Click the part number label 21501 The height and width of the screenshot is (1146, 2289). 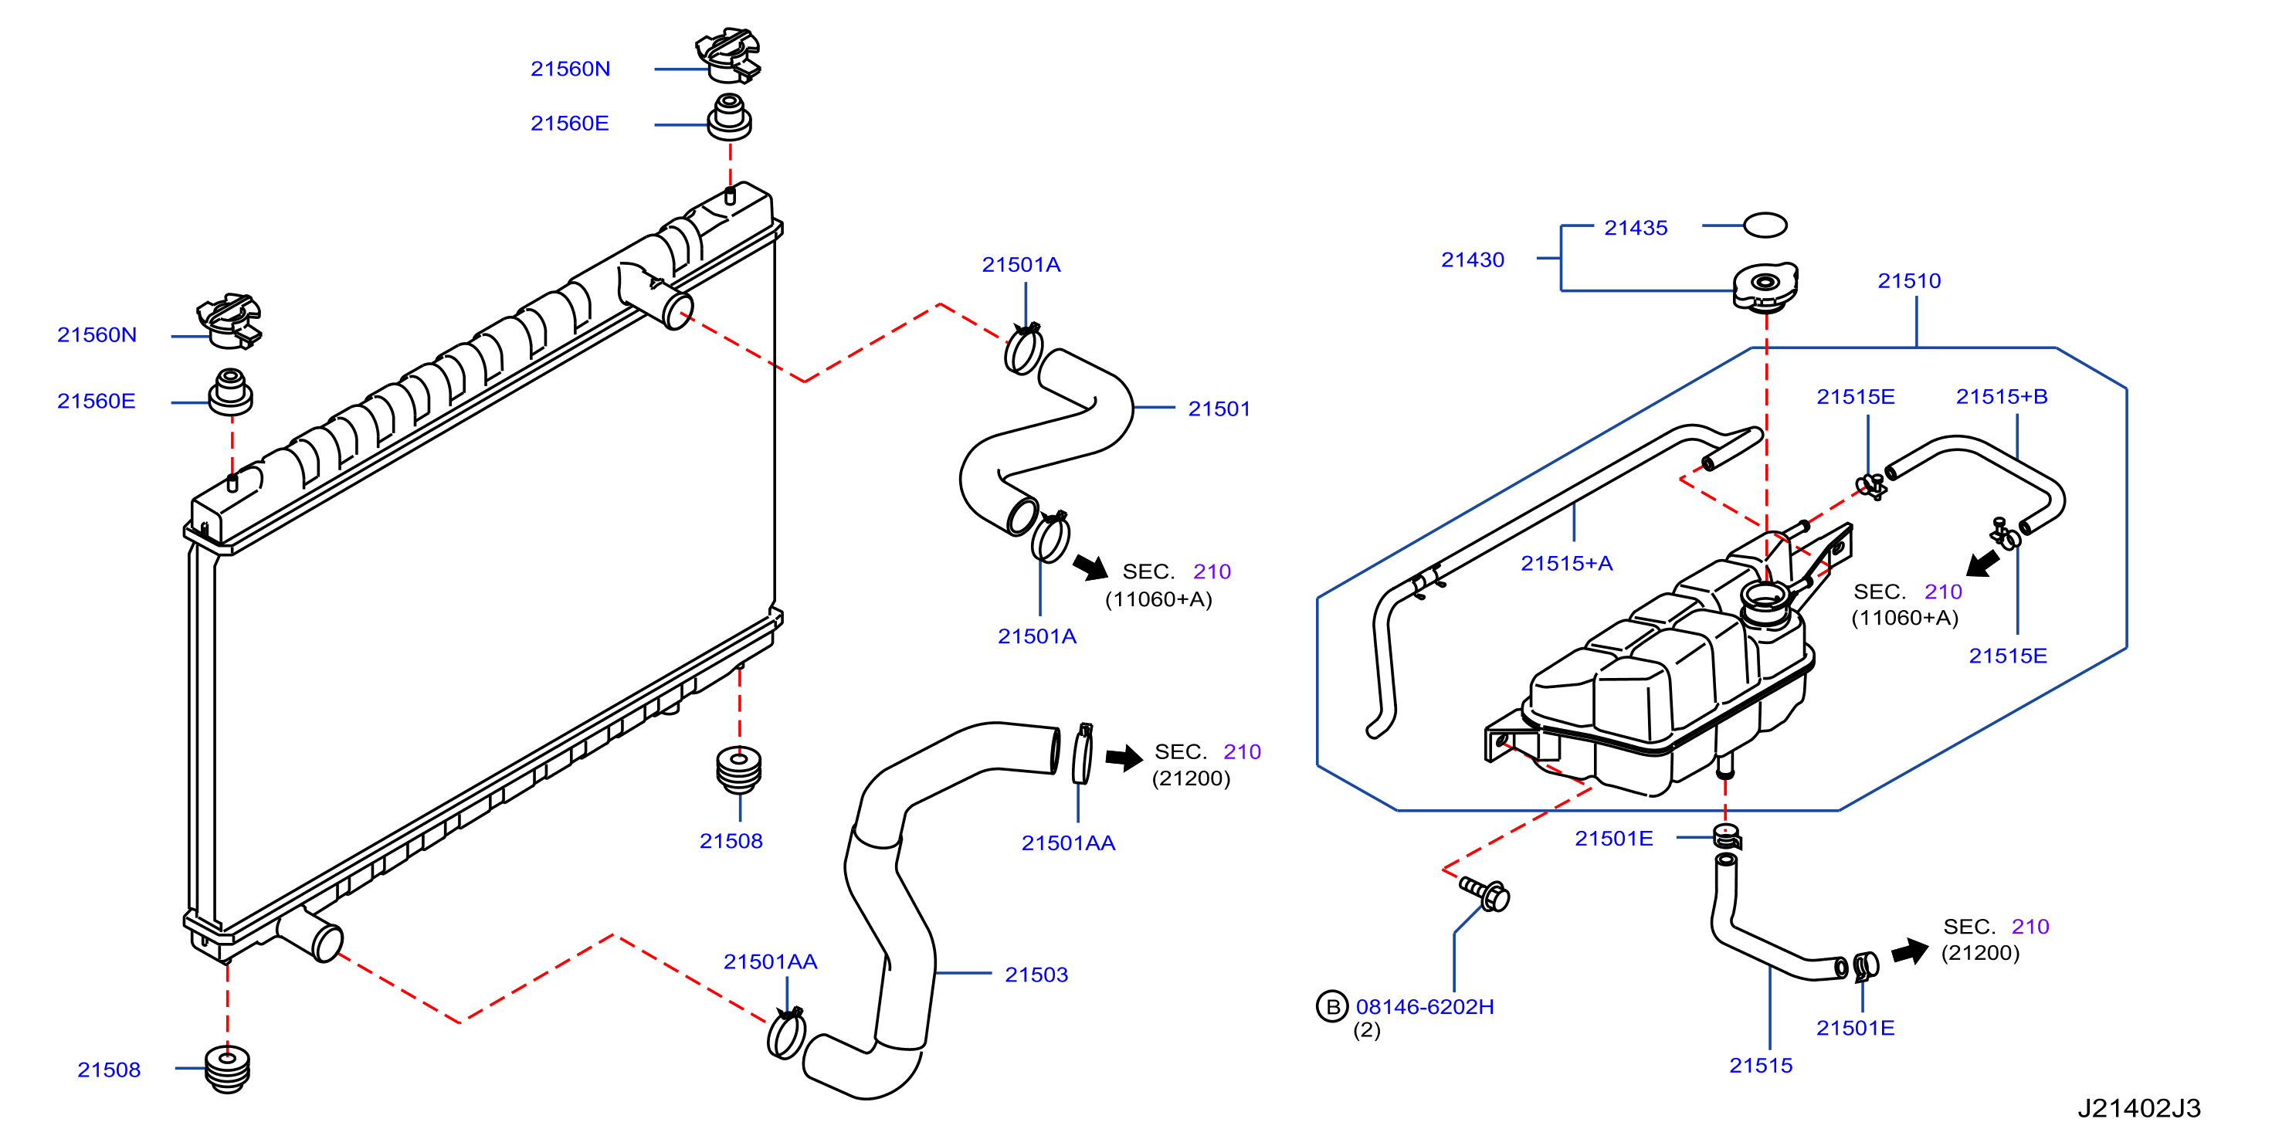[x=1219, y=409]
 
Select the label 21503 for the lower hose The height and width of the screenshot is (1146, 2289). [x=1036, y=975]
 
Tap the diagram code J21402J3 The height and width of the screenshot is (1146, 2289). [x=2139, y=1108]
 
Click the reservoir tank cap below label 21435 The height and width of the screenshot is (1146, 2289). [x=1765, y=286]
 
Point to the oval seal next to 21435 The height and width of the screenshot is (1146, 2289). [x=1765, y=225]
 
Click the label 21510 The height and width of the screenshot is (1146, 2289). [x=1909, y=281]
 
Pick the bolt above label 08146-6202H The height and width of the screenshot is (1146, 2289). [x=1485, y=893]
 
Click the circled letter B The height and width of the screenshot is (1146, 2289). [x=1332, y=1006]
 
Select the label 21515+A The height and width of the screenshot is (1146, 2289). [x=1567, y=563]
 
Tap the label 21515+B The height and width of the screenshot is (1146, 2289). [x=2001, y=396]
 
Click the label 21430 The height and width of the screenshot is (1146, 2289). [x=1473, y=259]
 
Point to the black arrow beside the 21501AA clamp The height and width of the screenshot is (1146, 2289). [x=1124, y=758]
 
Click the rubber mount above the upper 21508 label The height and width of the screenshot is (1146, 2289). [x=738, y=769]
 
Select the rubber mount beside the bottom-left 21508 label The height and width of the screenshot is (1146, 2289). [x=228, y=1069]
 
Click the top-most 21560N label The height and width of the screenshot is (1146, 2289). [x=571, y=69]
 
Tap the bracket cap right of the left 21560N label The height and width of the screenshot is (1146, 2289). [x=230, y=320]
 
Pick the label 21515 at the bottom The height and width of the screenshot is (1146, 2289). [x=1760, y=1065]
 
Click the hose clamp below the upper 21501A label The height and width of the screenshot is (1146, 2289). [x=1022, y=349]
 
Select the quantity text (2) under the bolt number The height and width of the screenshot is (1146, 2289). [x=1367, y=1030]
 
